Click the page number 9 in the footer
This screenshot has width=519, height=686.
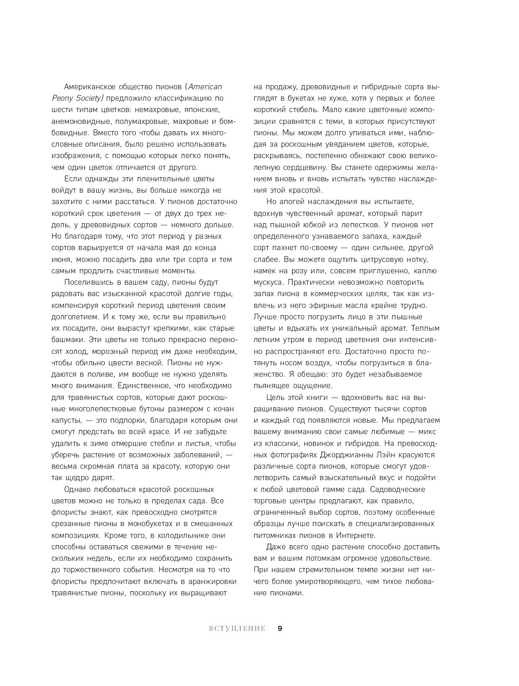[x=280, y=629]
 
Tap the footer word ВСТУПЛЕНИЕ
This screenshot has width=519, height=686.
[x=237, y=629]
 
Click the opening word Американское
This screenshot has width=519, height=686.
[x=92, y=87]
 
